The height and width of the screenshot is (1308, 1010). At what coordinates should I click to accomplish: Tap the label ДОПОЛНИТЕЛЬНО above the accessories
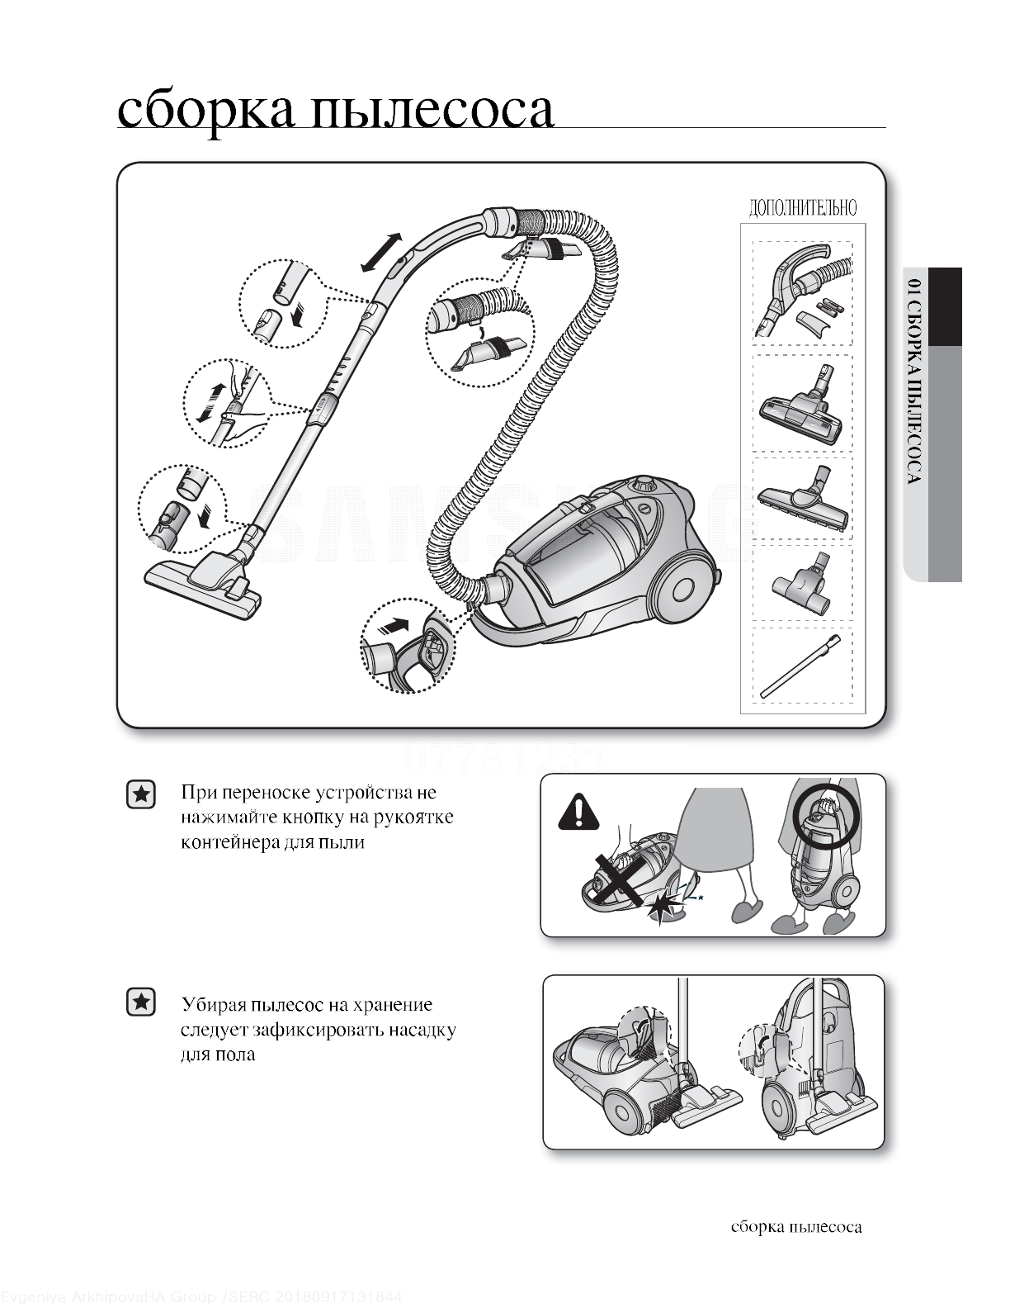pyautogui.click(x=802, y=208)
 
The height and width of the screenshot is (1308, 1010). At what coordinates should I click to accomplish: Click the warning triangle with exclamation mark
pyautogui.click(x=579, y=812)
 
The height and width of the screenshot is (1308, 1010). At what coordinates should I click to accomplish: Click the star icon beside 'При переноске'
pyautogui.click(x=142, y=794)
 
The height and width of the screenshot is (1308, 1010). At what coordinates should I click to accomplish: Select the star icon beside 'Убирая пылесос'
pyautogui.click(x=142, y=1002)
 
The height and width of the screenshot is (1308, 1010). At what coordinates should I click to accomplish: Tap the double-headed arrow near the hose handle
pyautogui.click(x=381, y=253)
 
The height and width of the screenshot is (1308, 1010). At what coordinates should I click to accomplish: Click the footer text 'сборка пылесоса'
pyautogui.click(x=796, y=1227)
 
